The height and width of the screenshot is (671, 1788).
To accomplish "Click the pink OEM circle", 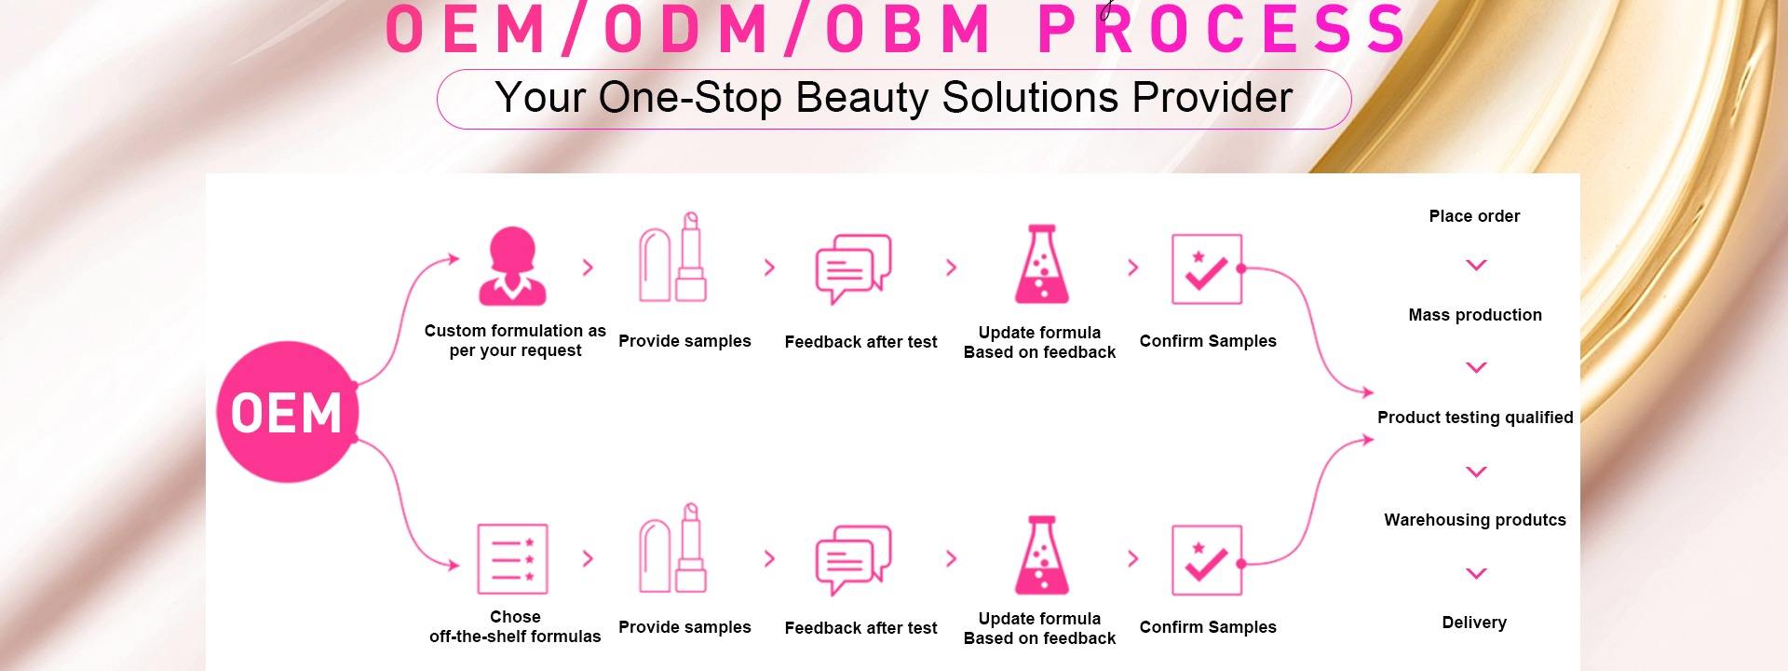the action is click(287, 412).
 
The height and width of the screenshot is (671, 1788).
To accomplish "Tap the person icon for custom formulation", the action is click(511, 267).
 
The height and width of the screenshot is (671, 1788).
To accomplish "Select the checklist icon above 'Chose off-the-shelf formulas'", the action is click(512, 559).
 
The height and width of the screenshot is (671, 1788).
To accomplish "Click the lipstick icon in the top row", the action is click(672, 257).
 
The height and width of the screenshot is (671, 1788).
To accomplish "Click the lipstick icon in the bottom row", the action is click(672, 548).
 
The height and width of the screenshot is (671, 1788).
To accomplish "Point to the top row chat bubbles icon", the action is click(853, 269).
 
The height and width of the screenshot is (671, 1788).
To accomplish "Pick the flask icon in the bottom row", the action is click(1041, 555).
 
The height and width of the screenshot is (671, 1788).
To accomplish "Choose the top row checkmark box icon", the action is click(1207, 269).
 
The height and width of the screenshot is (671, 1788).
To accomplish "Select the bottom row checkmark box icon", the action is click(1207, 560).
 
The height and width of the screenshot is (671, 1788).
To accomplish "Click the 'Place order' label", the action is click(1474, 216).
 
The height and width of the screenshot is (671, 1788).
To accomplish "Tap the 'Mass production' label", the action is click(1475, 315).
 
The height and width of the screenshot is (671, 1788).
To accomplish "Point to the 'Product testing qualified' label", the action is click(1475, 418).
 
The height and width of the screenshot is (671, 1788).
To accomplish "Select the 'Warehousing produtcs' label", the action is click(1475, 520).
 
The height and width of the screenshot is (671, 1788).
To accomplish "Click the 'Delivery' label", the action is click(1474, 623).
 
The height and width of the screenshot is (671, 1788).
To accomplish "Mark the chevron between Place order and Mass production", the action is click(1476, 266).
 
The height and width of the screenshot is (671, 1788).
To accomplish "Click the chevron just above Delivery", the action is click(1476, 573).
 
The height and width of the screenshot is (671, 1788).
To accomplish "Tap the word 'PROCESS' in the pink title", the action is click(1223, 28).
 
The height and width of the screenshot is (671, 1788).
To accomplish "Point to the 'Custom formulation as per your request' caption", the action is click(515, 340).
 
